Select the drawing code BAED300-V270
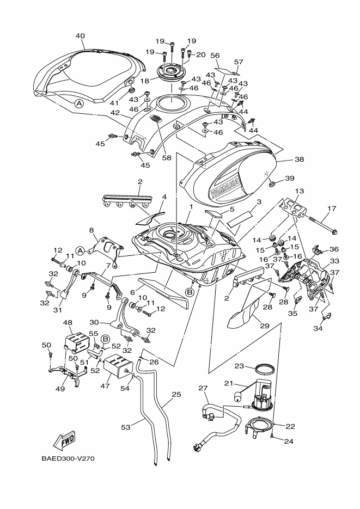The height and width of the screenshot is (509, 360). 68,458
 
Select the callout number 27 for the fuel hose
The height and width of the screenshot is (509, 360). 203,388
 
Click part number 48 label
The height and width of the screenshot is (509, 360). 69,322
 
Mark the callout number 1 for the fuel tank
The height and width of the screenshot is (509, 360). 191,207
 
